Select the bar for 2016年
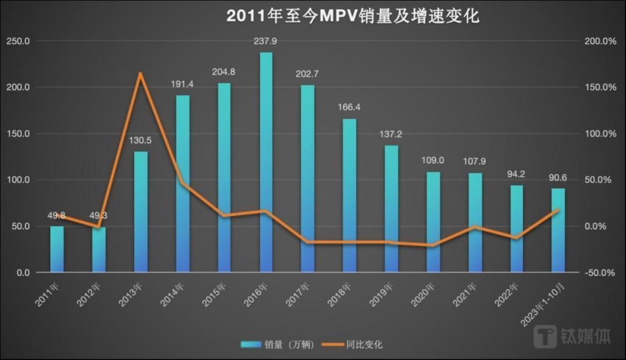tap(266, 162)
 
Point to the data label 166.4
tap(349, 108)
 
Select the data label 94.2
tap(516, 174)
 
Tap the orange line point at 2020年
tap(433, 246)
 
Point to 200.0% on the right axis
tap(600, 41)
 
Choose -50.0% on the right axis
tap(600, 273)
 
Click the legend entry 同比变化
tap(366, 345)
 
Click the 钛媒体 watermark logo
tap(572, 336)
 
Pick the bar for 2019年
tap(391, 208)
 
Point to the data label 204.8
tap(224, 72)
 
